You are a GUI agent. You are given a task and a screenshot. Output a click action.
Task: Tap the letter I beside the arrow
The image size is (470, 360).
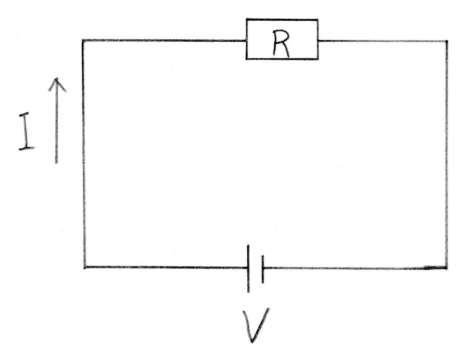pyautogui.click(x=26, y=131)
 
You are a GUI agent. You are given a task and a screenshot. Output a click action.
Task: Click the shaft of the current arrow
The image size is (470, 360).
pyautogui.click(x=57, y=126)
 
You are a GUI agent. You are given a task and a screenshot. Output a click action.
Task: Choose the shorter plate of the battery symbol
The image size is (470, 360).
pyautogui.click(x=263, y=269)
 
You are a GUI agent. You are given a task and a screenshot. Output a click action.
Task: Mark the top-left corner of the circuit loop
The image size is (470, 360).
pyautogui.click(x=83, y=40)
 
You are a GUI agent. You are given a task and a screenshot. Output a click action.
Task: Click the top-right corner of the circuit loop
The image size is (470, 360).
pyautogui.click(x=446, y=41)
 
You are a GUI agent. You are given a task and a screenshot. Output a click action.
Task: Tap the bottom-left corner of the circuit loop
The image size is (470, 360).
pyautogui.click(x=85, y=267)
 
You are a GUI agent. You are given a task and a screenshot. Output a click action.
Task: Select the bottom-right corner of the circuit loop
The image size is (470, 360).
pyautogui.click(x=446, y=268)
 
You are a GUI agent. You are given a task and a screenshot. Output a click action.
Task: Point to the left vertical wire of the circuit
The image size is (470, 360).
pyautogui.click(x=84, y=153)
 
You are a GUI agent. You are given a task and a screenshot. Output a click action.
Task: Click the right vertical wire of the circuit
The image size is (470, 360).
pyautogui.click(x=446, y=153)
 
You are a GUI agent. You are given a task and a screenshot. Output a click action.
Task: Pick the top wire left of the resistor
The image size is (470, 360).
pyautogui.click(x=164, y=40)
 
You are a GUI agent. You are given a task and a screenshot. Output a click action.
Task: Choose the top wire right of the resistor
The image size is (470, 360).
pyautogui.click(x=382, y=41)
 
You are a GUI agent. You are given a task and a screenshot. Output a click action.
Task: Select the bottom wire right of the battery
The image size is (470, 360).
pyautogui.click(x=355, y=268)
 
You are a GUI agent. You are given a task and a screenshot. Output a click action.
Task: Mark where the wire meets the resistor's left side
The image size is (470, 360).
pyautogui.click(x=246, y=40)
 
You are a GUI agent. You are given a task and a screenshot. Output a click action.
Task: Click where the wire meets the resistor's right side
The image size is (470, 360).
pyautogui.click(x=318, y=41)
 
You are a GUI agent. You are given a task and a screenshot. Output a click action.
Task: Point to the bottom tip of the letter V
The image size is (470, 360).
pyautogui.click(x=252, y=341)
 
